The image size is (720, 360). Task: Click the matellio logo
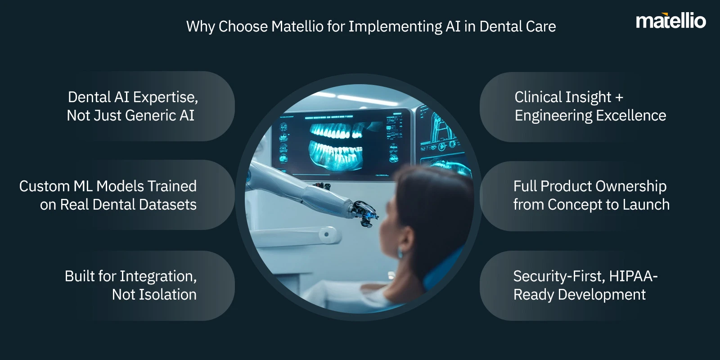[x=671, y=21]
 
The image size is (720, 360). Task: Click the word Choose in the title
[x=243, y=27]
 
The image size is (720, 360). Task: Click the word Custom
[x=45, y=186]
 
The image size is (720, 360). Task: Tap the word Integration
[x=163, y=277]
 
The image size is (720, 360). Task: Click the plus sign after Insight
[x=619, y=98]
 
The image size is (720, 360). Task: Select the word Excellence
[x=631, y=115]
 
